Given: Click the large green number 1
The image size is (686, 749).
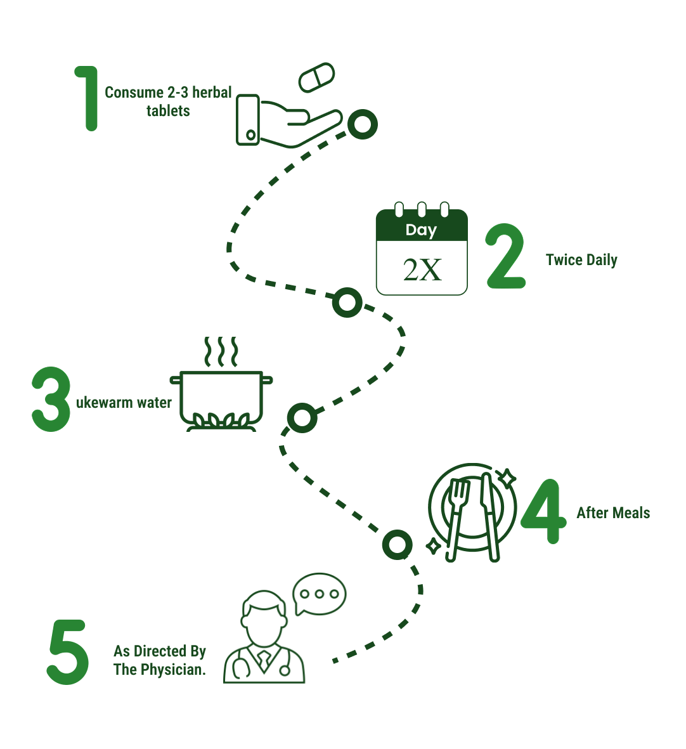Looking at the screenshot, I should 89,98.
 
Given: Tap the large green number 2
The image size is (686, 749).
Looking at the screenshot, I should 506,257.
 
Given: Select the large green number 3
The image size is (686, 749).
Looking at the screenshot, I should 51,400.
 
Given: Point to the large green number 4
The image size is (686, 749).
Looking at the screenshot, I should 543,511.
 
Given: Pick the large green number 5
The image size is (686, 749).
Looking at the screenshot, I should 68,652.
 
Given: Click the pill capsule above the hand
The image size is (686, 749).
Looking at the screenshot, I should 316,77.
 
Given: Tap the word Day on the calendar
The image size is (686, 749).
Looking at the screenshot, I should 421,230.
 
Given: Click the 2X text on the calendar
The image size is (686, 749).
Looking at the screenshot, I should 422,270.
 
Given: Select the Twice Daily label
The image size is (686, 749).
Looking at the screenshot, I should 581,260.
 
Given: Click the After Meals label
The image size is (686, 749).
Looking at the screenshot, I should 613,513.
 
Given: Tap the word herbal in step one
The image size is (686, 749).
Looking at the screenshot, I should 212,93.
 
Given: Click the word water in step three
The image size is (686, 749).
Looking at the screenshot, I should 154,403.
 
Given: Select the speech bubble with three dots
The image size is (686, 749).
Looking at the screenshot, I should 320,594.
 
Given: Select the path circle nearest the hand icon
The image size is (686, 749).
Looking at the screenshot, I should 363,124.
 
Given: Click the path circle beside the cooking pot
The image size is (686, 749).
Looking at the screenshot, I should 302,418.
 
